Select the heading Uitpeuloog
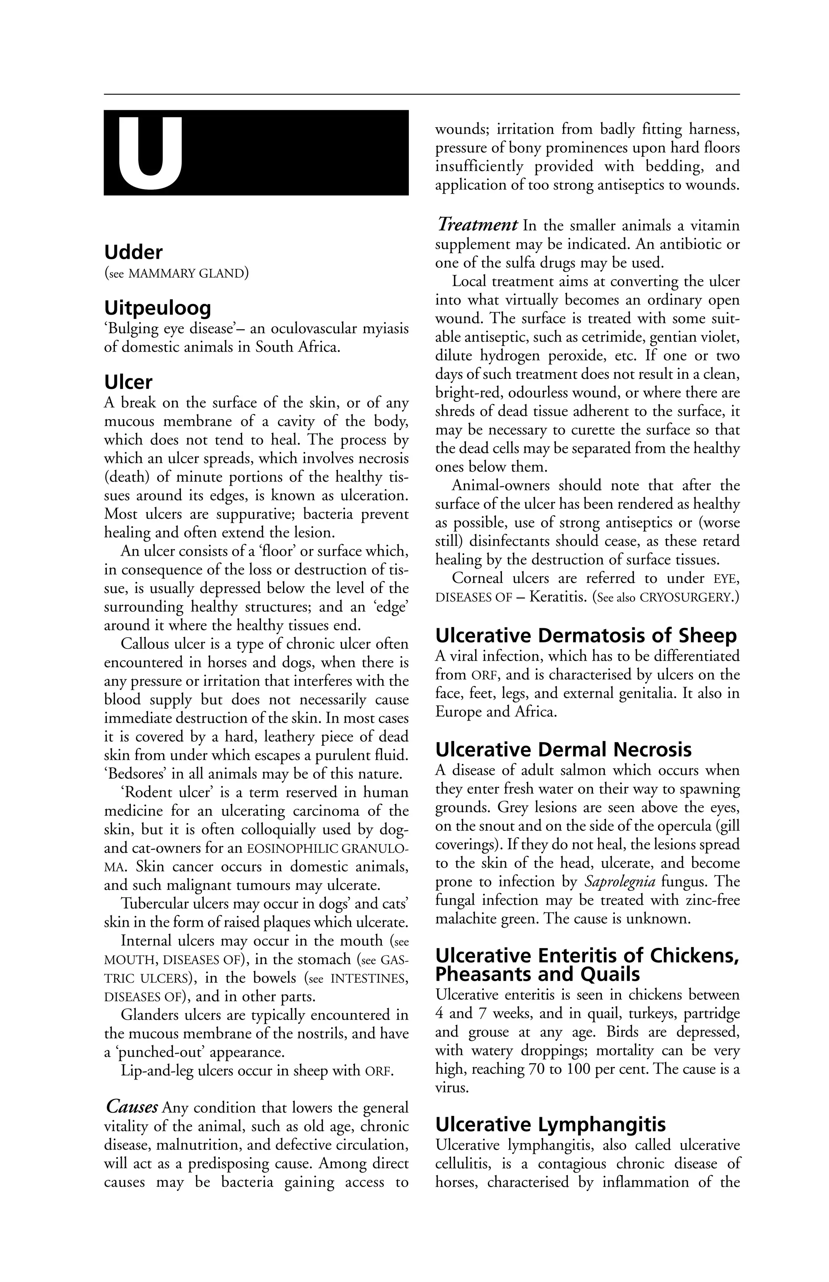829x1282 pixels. pyautogui.click(x=157, y=308)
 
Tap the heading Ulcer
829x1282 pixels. pyautogui.click(x=128, y=382)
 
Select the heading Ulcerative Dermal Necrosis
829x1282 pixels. pyautogui.click(x=563, y=750)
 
